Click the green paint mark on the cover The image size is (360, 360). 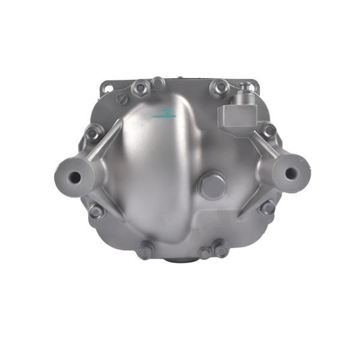tap(164, 115)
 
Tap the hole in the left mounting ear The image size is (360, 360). tap(75, 177)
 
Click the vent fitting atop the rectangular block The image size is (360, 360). tap(245, 93)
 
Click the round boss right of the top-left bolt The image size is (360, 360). tap(157, 82)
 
